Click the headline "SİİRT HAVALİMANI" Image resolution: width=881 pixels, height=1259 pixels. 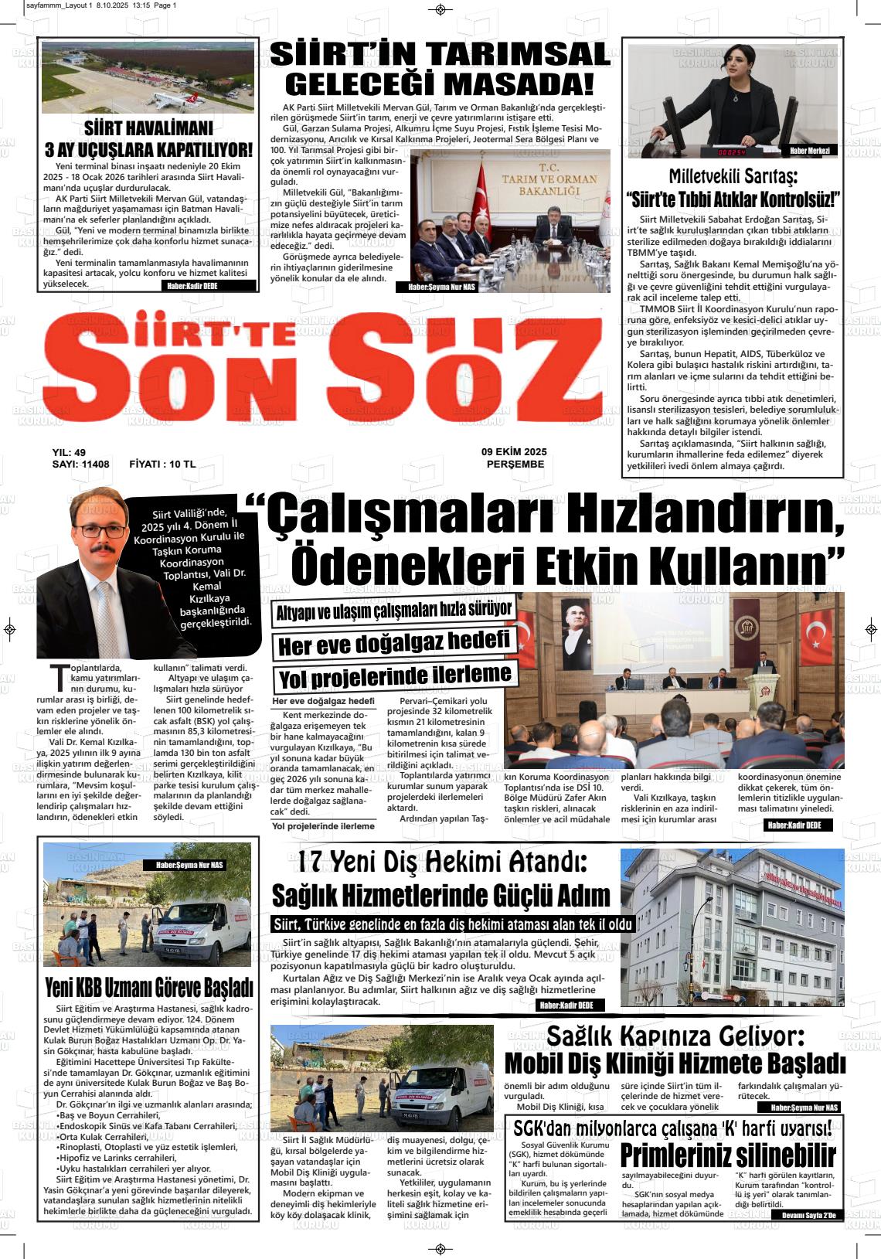coord(148,128)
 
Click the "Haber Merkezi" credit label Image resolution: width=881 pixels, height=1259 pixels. coord(809,151)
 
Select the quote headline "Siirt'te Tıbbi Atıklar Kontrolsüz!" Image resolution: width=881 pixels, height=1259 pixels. coord(733,199)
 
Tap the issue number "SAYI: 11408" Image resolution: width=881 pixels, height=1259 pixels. coord(80,464)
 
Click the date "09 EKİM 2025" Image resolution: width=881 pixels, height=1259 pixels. coord(514,452)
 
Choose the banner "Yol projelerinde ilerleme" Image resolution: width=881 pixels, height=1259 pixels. coord(394,677)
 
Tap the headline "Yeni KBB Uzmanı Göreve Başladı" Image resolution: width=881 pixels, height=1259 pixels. coord(148,987)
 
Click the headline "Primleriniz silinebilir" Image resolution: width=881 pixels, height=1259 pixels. coord(728,1156)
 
